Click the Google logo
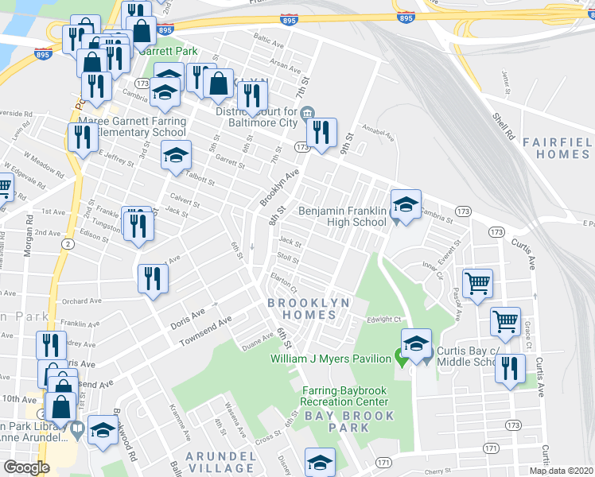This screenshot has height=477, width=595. pyautogui.click(x=26, y=467)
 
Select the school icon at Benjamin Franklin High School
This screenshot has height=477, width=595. pyautogui.click(x=406, y=206)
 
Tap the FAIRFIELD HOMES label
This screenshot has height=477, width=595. pyautogui.click(x=557, y=148)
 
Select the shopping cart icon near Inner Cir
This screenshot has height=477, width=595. pyautogui.click(x=477, y=283)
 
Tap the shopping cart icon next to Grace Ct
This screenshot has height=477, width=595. pyautogui.click(x=505, y=321)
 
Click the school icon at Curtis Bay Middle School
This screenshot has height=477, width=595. pyautogui.click(x=415, y=345)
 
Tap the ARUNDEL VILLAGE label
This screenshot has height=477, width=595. pyautogui.click(x=220, y=463)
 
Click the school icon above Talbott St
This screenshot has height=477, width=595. pyautogui.click(x=177, y=155)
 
